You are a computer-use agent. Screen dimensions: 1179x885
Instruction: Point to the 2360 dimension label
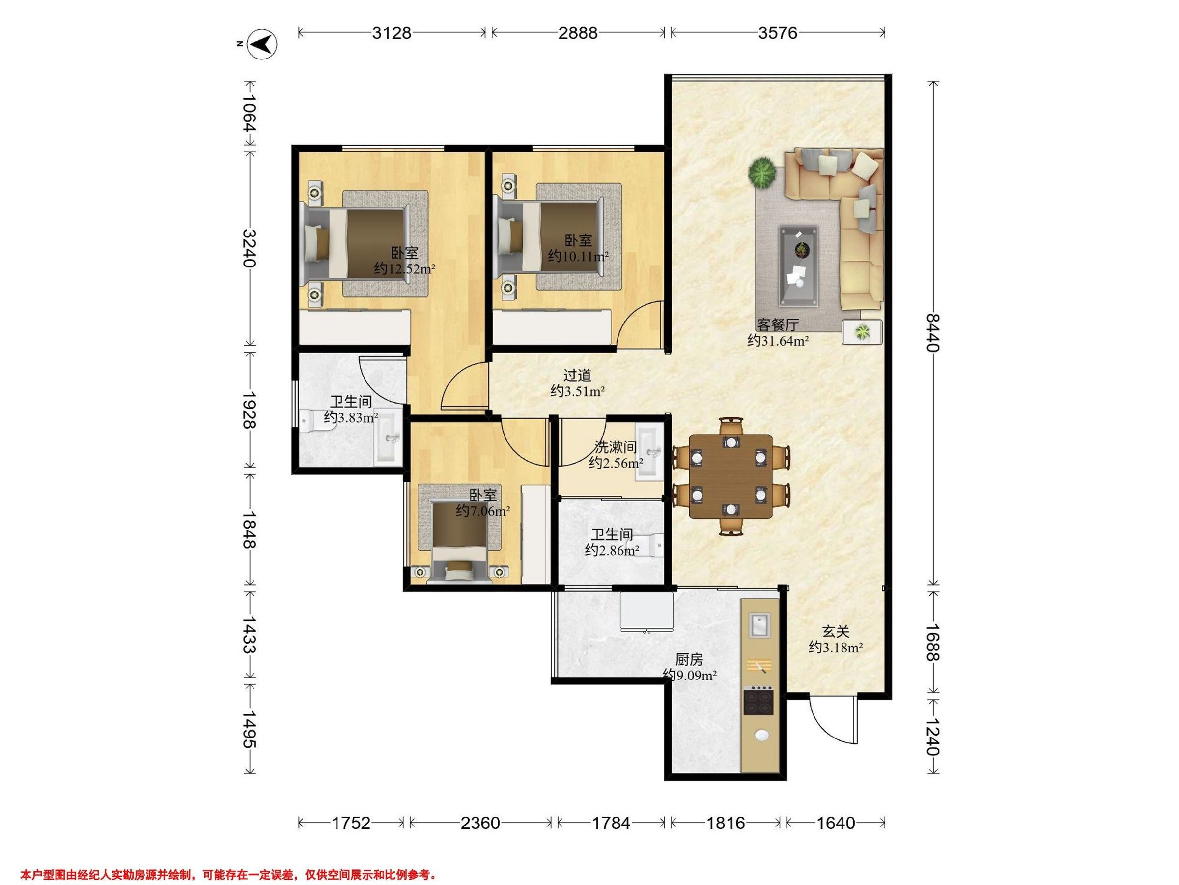click(x=480, y=823)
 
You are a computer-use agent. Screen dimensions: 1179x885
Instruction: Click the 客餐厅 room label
click(x=778, y=325)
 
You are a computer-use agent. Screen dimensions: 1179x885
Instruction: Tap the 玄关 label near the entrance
click(x=835, y=632)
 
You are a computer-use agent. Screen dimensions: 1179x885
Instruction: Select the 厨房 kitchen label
click(x=689, y=660)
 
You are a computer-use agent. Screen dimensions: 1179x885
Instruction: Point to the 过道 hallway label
click(x=577, y=376)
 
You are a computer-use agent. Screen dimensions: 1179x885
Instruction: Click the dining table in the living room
click(x=731, y=476)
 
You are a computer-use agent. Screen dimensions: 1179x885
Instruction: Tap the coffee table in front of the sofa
click(x=798, y=266)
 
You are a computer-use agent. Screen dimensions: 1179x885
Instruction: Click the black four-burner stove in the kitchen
click(x=758, y=703)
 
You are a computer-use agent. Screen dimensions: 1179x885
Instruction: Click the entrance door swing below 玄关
click(x=833, y=720)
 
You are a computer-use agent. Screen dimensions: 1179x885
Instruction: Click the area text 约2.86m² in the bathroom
click(x=612, y=550)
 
